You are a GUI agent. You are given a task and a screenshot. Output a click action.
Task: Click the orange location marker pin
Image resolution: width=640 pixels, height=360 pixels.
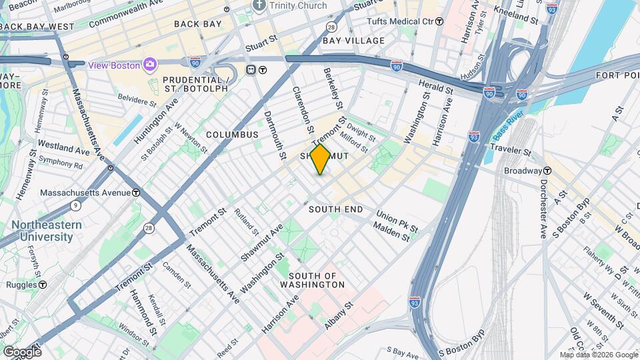coord(320,159)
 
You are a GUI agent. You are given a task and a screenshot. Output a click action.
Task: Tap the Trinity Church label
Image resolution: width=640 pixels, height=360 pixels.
coord(298,6)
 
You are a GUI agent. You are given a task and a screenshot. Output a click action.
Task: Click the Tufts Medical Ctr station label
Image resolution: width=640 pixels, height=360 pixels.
coord(400,21)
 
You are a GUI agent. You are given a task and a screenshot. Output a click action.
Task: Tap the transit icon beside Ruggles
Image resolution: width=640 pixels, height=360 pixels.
coord(43,285)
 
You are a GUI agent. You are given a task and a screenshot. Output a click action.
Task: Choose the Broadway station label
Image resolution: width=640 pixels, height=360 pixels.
coord(523,171)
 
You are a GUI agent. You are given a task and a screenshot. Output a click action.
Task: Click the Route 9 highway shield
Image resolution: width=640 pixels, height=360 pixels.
coord(76,205)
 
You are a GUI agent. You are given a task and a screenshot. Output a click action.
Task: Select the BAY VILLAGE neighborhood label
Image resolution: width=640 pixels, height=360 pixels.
coord(353,41)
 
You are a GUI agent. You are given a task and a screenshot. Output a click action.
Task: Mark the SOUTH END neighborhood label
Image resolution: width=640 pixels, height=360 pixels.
coord(335,209)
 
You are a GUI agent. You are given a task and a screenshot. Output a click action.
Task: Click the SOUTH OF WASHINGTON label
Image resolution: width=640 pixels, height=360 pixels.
coord(317,280)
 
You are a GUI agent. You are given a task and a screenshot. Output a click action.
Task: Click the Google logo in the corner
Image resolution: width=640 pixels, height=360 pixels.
coord(21,351)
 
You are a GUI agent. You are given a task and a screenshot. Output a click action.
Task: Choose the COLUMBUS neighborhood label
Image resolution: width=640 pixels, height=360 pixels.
coord(231,135)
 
